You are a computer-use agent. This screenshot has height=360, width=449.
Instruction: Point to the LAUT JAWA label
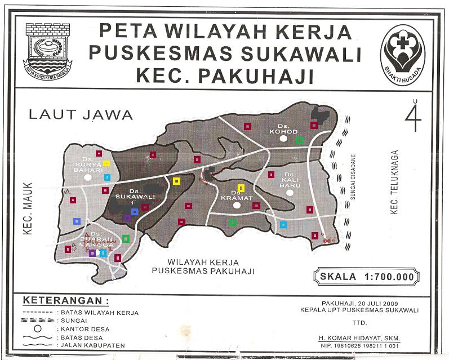pos(81,115)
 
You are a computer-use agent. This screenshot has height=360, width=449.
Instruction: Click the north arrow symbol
pos(415,116)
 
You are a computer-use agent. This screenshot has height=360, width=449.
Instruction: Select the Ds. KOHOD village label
pos(283,129)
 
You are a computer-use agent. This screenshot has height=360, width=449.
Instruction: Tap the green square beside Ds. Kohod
pos(300,140)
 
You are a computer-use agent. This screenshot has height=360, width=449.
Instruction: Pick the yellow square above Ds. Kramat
pos(241,188)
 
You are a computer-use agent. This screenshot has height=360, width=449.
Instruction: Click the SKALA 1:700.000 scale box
pos(367,277)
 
